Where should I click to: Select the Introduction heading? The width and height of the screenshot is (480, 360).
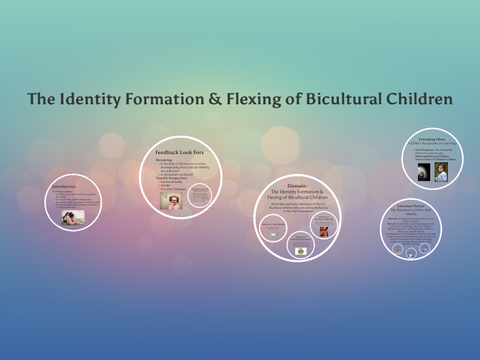pos(64,186)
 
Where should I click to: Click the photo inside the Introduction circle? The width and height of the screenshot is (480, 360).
pos(74,217)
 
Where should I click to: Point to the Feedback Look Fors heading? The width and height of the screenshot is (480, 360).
pos(179,152)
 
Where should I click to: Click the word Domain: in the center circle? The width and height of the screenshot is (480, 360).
pos(297,185)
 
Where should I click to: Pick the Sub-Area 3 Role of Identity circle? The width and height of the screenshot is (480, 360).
pos(323,227)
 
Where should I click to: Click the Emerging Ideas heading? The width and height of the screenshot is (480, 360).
pos(432,139)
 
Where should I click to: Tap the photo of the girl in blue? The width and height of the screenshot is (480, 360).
pos(441,172)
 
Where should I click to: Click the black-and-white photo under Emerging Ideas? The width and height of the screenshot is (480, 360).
pos(423,172)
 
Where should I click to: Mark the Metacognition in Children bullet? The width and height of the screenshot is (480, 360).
pos(434,155)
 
